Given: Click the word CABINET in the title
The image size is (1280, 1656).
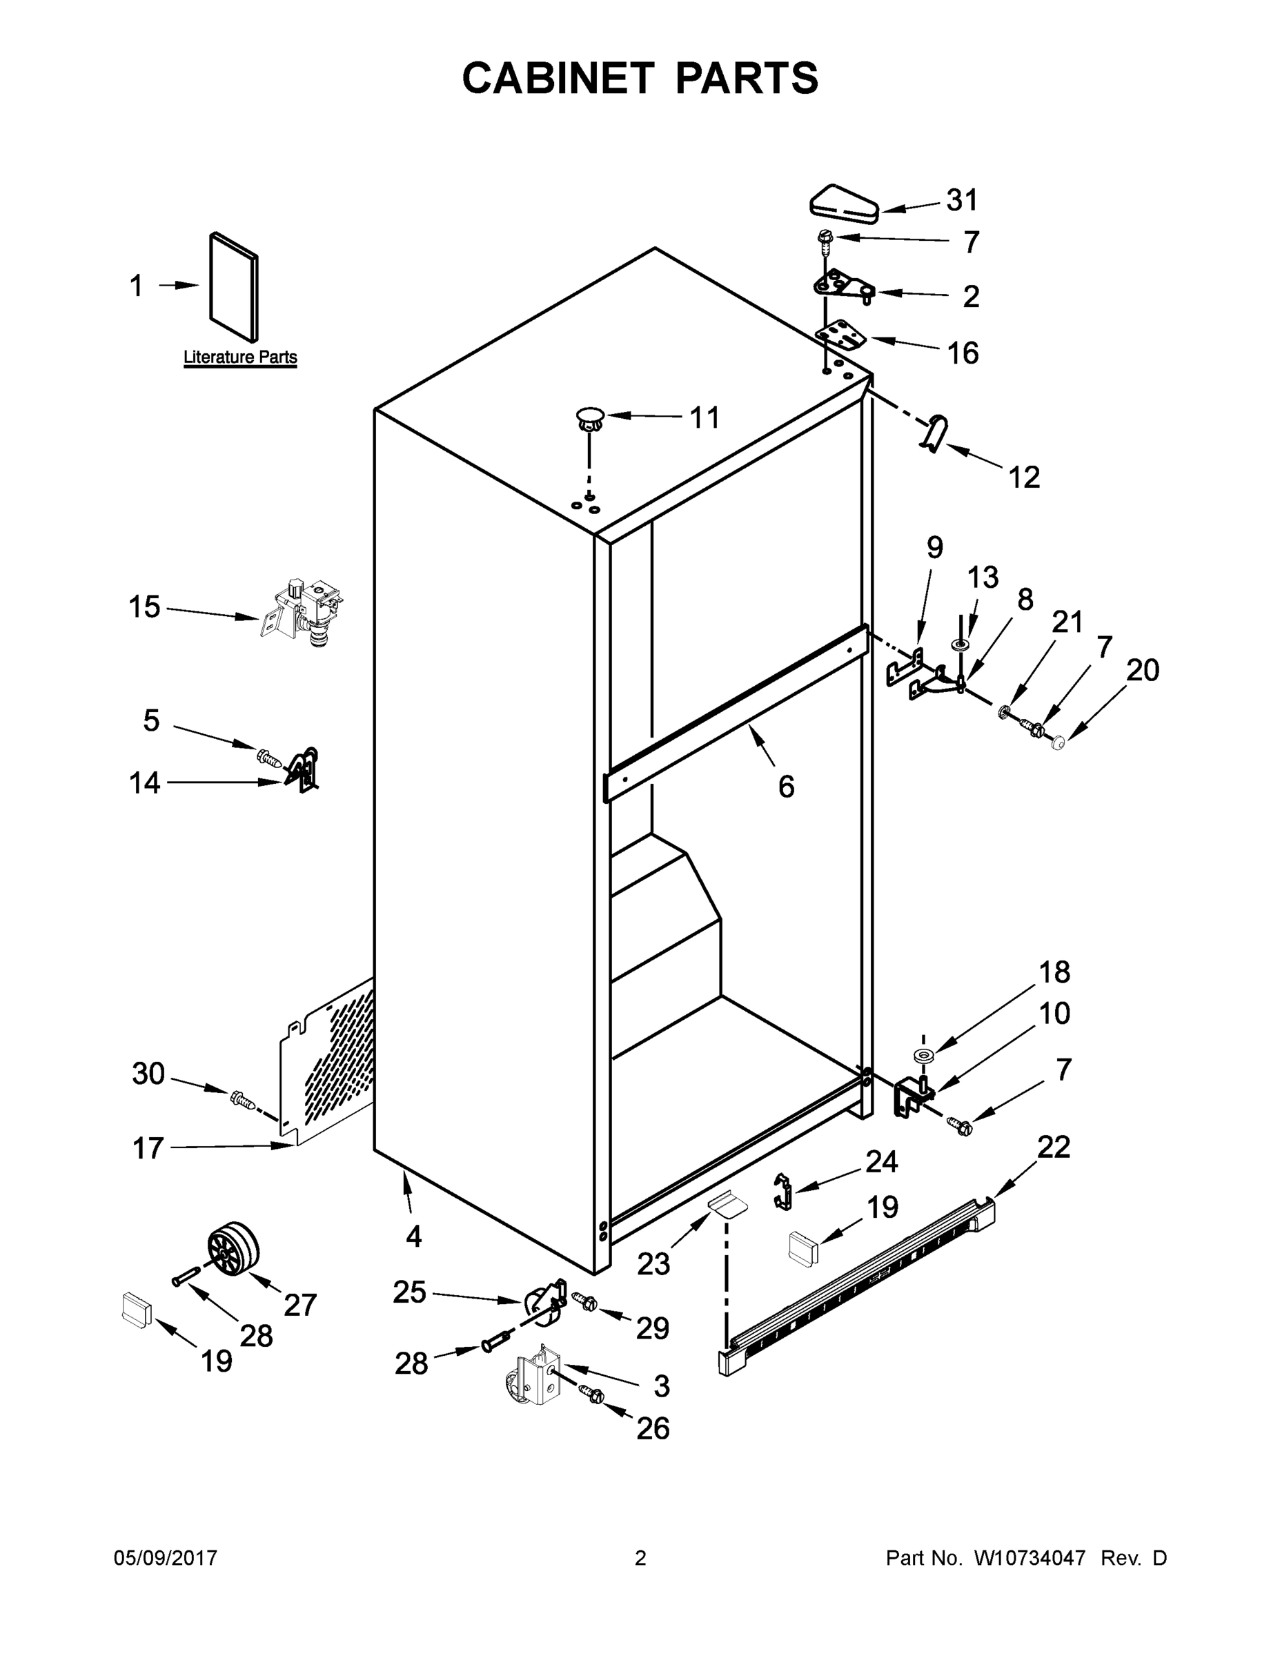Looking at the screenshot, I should click(558, 78).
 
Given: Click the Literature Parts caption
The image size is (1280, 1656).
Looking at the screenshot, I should click(240, 357).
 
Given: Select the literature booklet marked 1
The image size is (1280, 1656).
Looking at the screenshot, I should click(233, 286).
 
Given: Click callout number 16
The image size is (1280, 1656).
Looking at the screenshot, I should click(963, 353).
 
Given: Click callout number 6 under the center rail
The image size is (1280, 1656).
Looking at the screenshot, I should click(787, 787).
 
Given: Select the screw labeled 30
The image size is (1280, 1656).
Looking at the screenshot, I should click(241, 1098).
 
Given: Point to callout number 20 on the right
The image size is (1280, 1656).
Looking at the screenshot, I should click(1142, 670).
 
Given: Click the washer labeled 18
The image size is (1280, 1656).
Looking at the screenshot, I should click(924, 1056).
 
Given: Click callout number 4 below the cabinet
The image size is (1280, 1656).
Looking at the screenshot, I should click(413, 1236).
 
